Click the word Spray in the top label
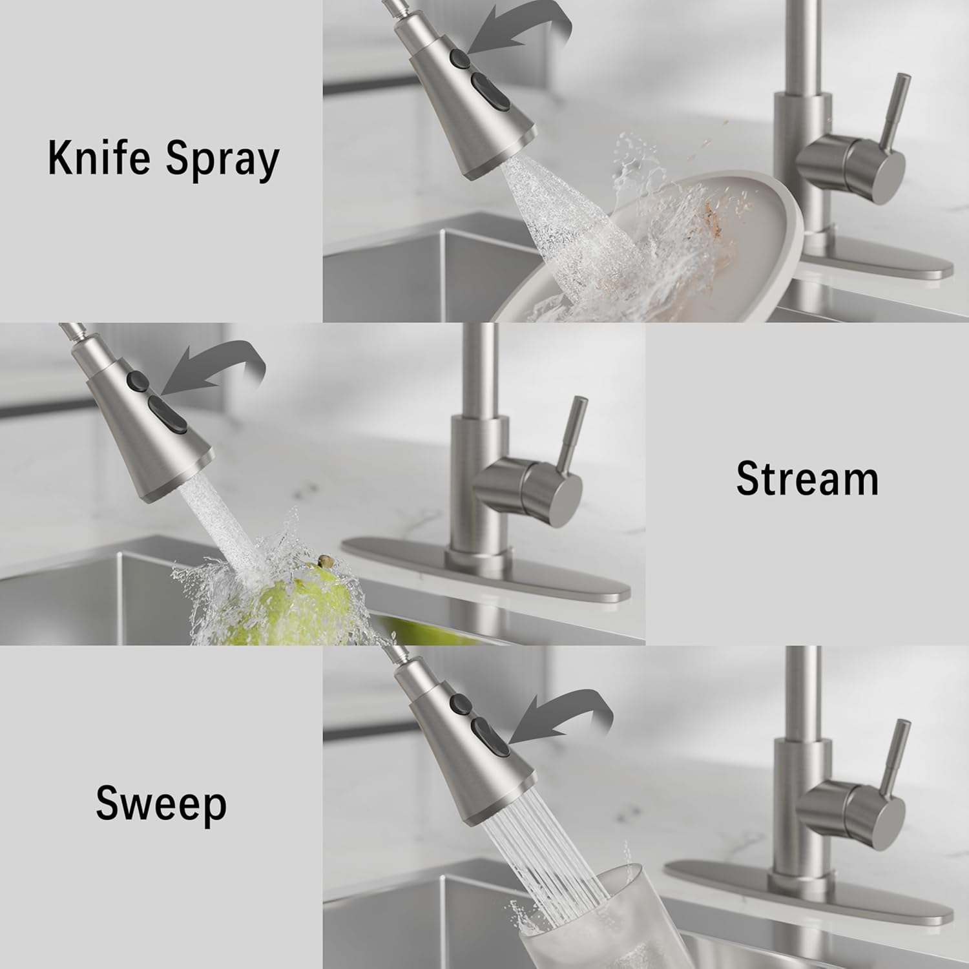[222, 160]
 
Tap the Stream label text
[807, 479]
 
